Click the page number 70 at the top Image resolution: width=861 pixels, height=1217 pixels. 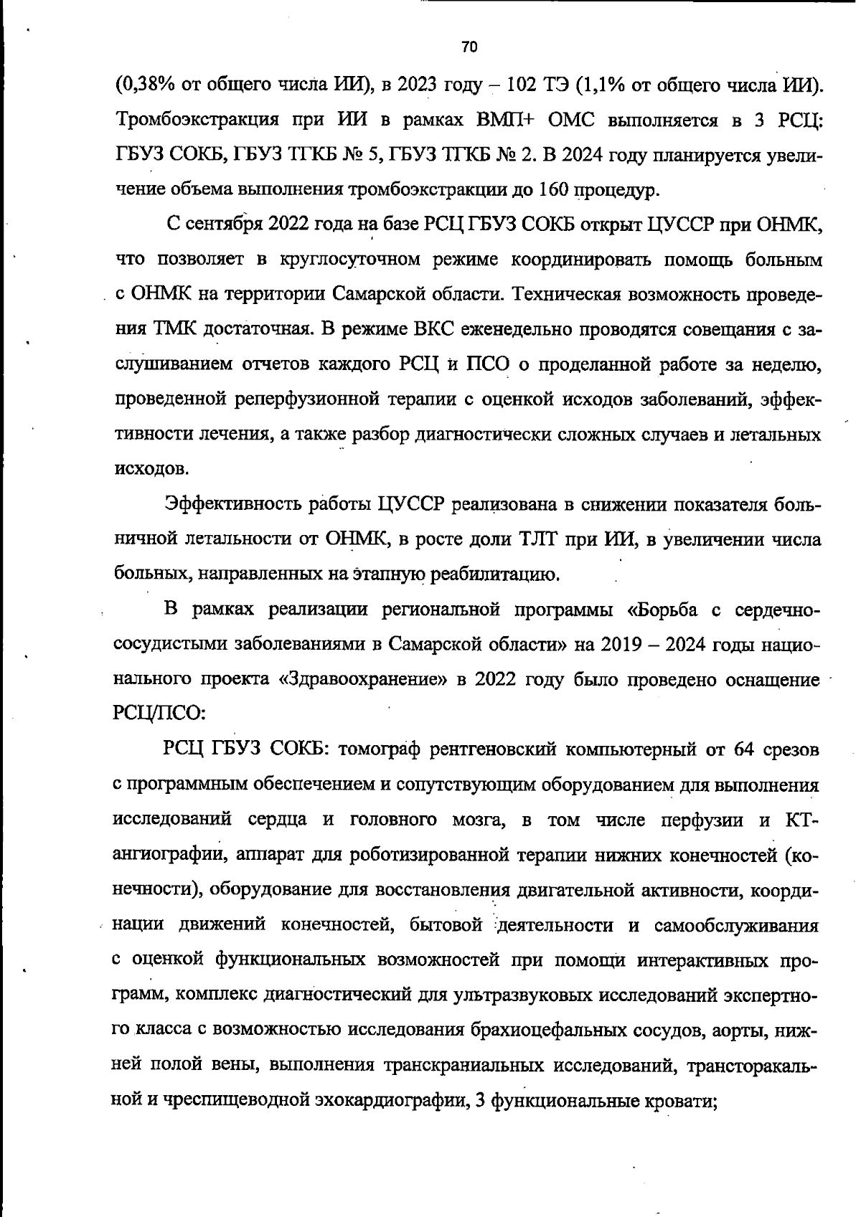tap(469, 47)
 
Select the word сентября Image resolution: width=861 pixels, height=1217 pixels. tap(226, 225)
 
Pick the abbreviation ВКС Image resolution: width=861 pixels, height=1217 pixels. tap(435, 329)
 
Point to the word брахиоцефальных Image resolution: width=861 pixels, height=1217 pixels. tap(549, 1030)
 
